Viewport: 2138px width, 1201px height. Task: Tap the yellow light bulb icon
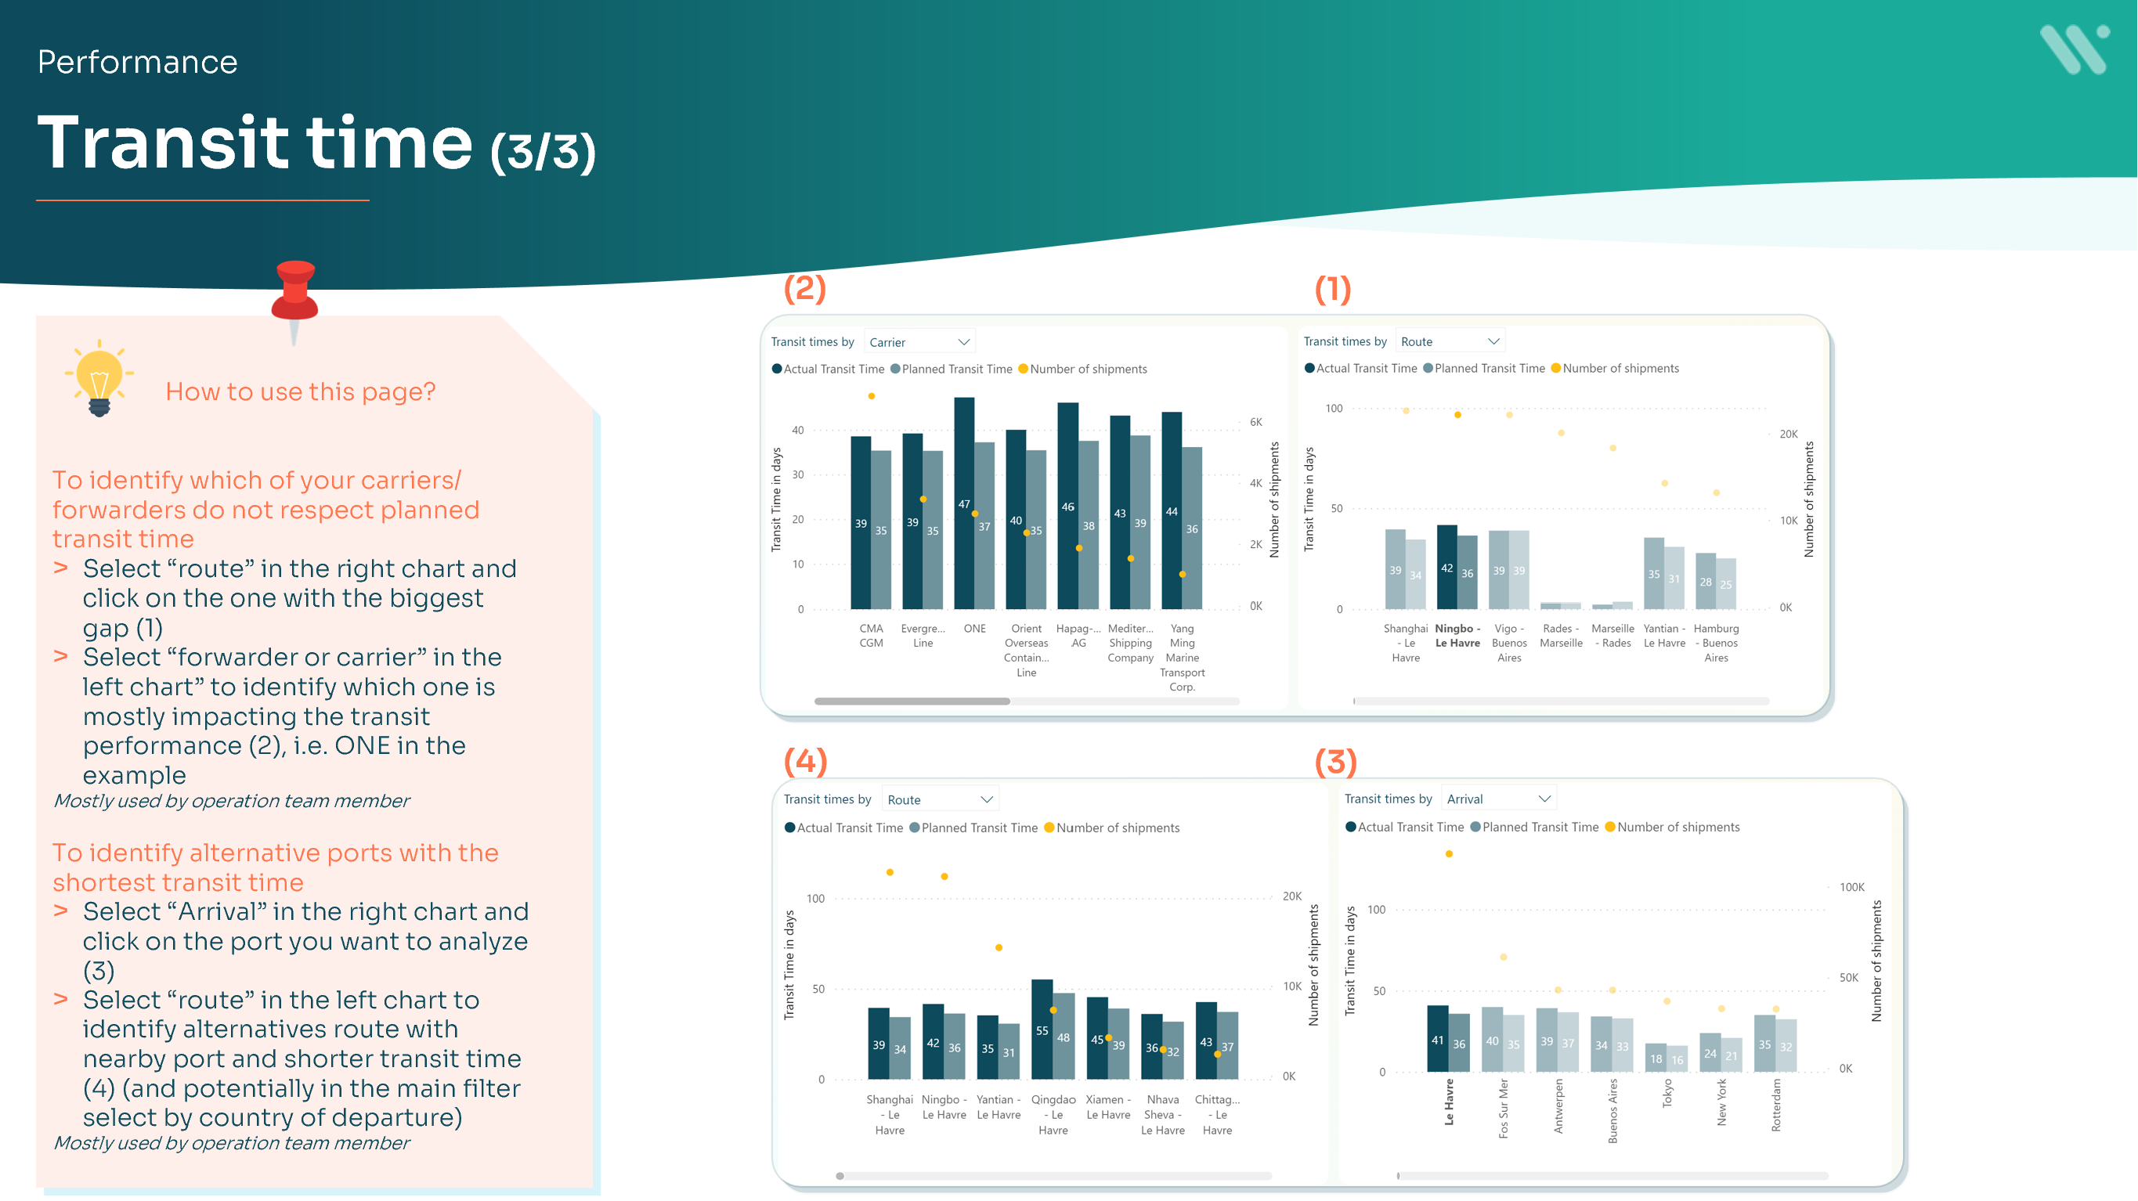point(99,377)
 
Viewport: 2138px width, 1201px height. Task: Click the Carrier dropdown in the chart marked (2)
point(919,342)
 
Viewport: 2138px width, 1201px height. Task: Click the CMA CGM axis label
point(871,636)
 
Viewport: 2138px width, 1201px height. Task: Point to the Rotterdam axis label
point(1775,1105)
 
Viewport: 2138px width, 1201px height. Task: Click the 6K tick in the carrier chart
point(1255,423)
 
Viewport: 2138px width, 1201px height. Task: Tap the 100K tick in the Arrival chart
point(1851,887)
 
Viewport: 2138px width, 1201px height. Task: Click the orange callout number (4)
point(805,760)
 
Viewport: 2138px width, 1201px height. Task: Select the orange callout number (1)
point(1332,289)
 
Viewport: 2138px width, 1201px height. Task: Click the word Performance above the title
point(138,63)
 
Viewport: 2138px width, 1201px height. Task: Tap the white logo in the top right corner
point(2074,50)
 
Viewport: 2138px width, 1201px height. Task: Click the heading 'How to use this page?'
point(301,391)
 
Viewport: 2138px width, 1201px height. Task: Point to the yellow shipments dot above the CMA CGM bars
point(872,397)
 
